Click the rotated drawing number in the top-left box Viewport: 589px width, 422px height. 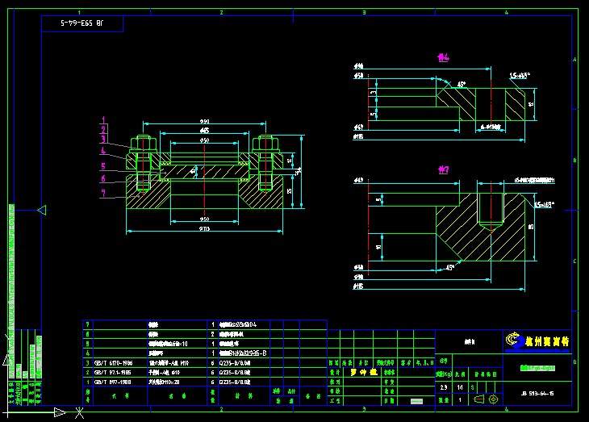click(82, 24)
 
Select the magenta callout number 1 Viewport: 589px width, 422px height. click(102, 120)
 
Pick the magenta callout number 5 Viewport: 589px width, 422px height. click(102, 167)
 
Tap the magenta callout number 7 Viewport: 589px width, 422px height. click(102, 193)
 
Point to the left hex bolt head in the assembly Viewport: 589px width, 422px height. click(144, 144)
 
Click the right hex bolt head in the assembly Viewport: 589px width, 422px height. click(266, 144)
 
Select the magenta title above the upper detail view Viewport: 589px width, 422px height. click(442, 57)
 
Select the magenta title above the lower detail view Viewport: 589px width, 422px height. click(442, 169)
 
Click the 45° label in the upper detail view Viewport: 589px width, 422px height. click(462, 84)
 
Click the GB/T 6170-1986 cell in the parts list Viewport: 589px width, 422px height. click(115, 363)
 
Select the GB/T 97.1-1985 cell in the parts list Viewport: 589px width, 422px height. click(115, 373)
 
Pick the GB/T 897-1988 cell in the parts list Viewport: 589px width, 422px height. click(114, 382)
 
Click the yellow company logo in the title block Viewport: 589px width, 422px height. click(512, 341)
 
